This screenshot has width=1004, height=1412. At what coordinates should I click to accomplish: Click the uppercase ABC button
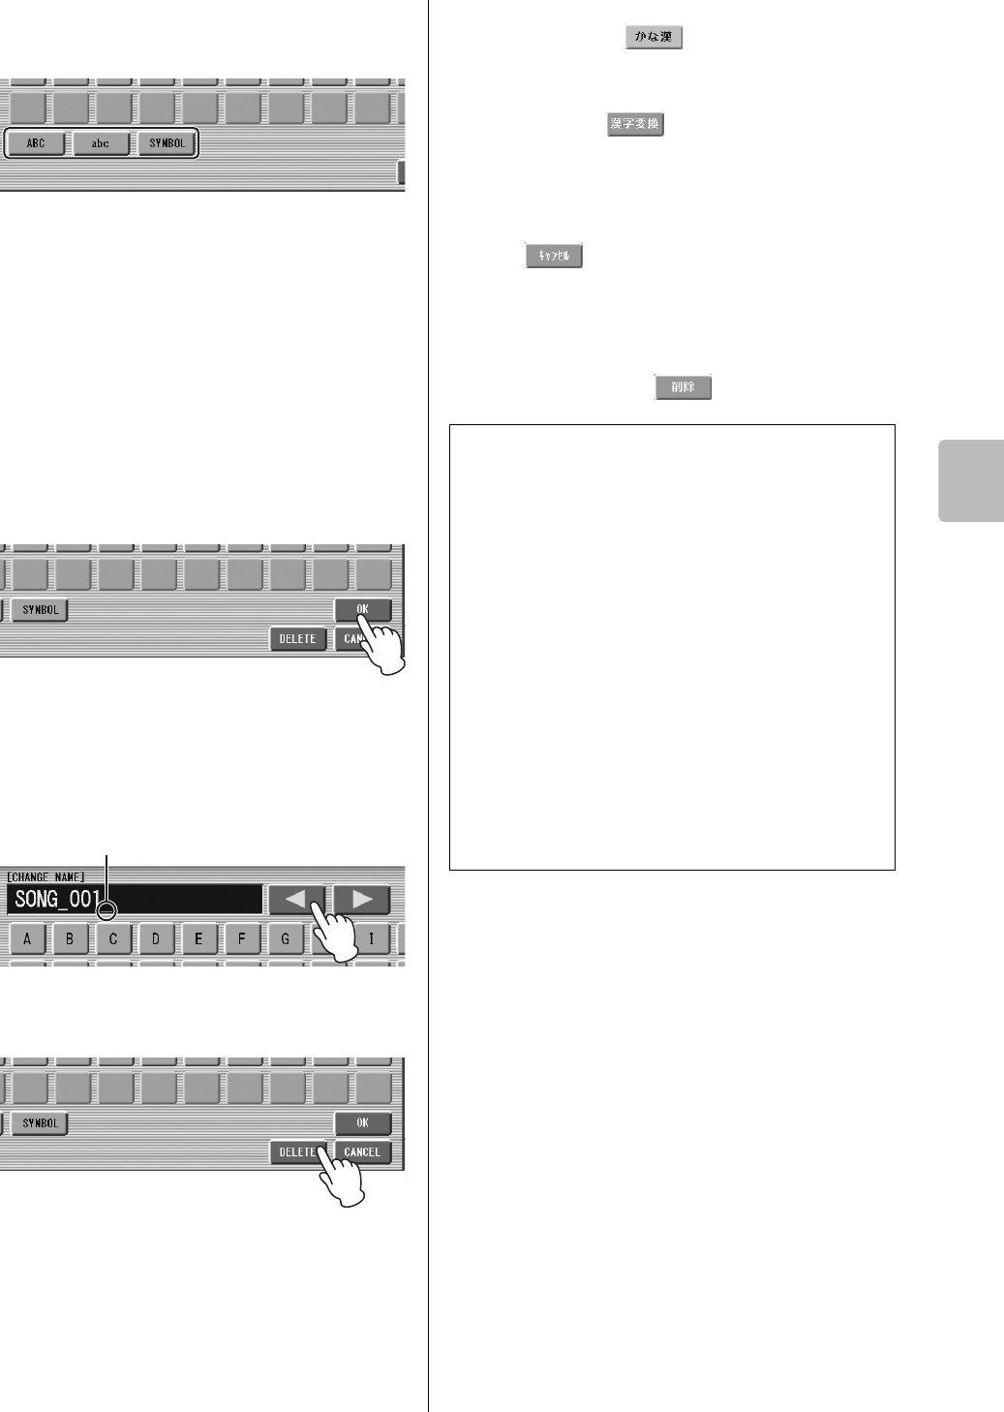(x=36, y=143)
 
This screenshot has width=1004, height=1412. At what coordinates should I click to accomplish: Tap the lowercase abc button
(x=101, y=143)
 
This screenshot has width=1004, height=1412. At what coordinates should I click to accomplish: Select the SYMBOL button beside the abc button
(x=167, y=143)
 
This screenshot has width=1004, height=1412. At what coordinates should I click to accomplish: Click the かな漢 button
(x=654, y=38)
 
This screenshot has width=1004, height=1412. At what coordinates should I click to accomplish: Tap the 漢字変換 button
(x=635, y=124)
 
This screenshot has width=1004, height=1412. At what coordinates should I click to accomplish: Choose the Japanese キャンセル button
(x=554, y=256)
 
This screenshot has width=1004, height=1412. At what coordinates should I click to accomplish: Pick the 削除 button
(x=683, y=387)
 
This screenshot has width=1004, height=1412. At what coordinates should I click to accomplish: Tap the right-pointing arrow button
(x=362, y=900)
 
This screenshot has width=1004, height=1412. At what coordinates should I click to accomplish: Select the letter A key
(x=27, y=938)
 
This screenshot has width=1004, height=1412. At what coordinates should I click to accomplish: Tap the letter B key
(x=70, y=938)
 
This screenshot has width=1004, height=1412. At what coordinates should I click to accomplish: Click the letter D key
(x=156, y=938)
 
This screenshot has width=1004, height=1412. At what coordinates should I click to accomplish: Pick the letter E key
(x=198, y=938)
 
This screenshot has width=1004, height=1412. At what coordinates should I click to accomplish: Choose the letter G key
(x=285, y=938)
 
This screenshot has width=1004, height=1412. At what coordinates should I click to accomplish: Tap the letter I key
(x=371, y=938)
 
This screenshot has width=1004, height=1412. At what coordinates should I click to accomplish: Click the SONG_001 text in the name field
(x=56, y=900)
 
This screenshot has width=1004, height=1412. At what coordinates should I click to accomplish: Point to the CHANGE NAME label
(x=46, y=876)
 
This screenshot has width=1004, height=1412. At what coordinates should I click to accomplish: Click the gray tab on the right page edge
(x=970, y=481)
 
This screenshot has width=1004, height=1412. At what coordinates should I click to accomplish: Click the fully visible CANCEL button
(x=362, y=1152)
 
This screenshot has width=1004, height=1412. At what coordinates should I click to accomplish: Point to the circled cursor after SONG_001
(x=106, y=910)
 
